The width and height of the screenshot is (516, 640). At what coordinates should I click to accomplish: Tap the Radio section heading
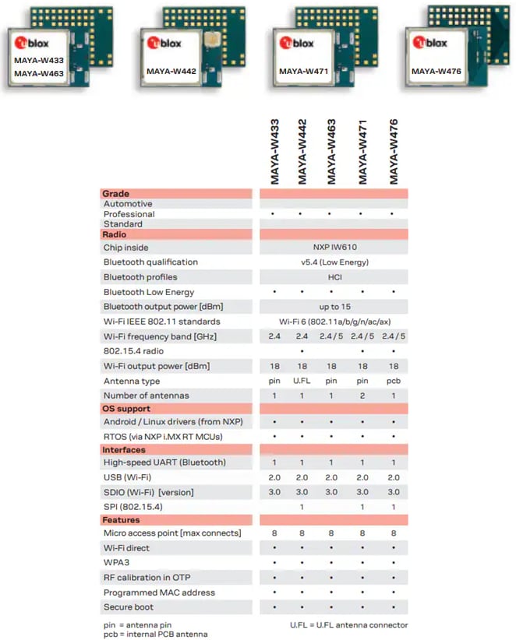click(115, 234)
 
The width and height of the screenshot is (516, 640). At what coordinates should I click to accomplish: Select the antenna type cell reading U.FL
click(302, 381)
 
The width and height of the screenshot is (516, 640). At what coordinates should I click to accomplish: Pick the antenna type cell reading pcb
click(394, 381)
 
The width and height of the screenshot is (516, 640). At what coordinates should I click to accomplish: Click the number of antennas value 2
click(362, 396)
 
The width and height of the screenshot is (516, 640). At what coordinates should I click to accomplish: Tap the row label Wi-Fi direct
click(126, 548)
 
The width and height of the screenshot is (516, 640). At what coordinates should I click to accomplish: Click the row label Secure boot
click(129, 607)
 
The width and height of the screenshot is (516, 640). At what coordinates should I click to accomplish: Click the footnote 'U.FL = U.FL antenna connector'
click(348, 624)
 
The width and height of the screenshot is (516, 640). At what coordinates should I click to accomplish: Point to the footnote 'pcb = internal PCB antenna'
click(154, 634)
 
